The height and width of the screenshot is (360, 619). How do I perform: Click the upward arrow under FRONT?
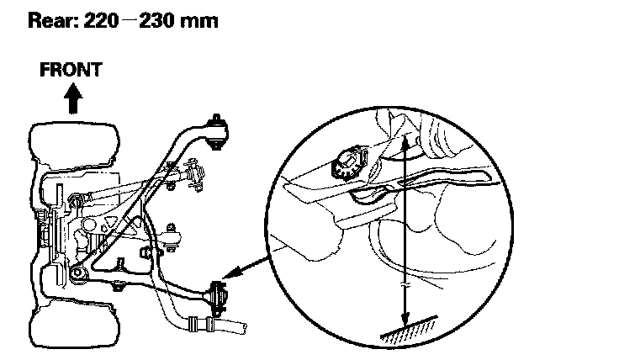73,99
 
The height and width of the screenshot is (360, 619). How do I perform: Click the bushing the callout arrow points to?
220,297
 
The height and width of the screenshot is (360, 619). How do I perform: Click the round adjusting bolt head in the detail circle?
347,161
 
